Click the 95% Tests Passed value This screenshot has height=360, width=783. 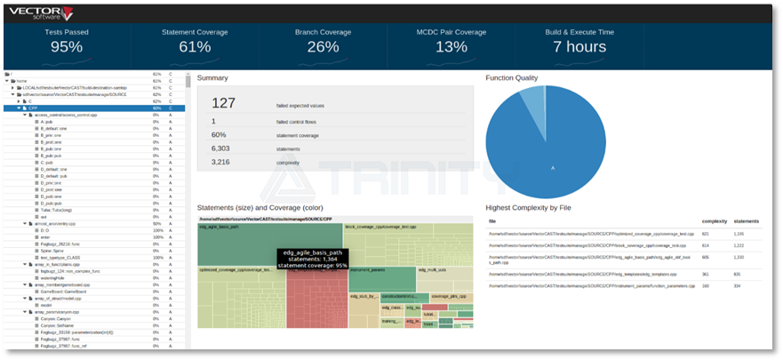[66, 47]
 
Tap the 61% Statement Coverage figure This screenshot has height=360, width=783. [194, 47]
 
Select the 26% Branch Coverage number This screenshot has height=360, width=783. [323, 47]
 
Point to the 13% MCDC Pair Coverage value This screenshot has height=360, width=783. [451, 47]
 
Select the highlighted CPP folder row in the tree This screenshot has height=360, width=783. [36, 108]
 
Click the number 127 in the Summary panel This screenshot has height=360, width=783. [223, 103]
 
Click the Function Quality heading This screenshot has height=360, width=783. [511, 78]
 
